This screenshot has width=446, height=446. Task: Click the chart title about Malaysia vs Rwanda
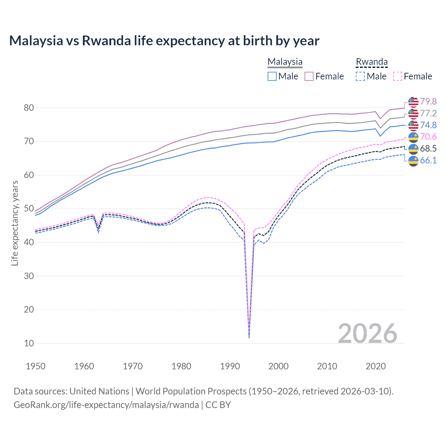(x=164, y=41)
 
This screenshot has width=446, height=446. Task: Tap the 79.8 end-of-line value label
(x=428, y=101)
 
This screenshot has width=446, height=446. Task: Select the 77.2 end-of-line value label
(x=428, y=113)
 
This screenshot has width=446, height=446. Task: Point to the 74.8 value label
(x=428, y=125)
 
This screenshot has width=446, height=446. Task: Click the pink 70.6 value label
(x=428, y=137)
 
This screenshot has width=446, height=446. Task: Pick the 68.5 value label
(x=428, y=148)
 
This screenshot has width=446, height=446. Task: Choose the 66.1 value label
(x=428, y=160)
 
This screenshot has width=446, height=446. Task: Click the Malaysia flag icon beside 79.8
(x=413, y=101)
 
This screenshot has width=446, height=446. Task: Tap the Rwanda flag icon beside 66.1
(x=413, y=161)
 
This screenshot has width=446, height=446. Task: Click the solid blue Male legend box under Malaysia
(x=272, y=76)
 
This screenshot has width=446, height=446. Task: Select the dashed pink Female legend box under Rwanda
(x=398, y=76)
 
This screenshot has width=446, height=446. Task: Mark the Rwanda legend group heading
(x=371, y=62)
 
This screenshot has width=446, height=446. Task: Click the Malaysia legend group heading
(x=285, y=62)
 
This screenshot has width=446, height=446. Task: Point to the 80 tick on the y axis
(x=29, y=108)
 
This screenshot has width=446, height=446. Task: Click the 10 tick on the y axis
(x=29, y=343)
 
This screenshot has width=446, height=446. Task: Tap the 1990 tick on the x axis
(x=230, y=366)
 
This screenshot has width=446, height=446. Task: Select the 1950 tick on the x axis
(x=36, y=366)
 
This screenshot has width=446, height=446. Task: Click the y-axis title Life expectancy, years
(x=15, y=223)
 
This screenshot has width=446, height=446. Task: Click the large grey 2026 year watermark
(x=367, y=333)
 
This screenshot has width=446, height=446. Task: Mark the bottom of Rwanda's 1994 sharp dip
(x=249, y=337)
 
